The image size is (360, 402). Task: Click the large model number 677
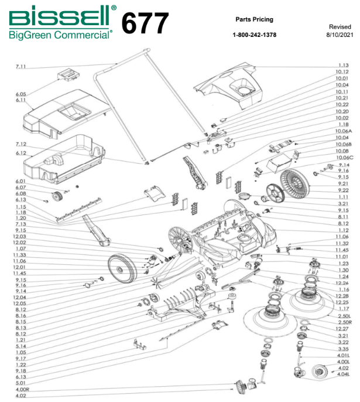145,23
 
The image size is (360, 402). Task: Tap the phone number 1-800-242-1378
255,35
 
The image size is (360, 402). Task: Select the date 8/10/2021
340,35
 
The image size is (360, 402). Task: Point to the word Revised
340,27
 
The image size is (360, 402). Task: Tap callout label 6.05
20,94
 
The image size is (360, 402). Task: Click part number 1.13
343,65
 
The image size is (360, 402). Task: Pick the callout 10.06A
343,131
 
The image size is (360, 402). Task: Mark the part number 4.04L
343,374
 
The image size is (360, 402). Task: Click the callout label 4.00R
22,390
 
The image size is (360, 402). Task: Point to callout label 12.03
20,236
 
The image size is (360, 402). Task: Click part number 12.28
343,296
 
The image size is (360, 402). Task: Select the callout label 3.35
343,349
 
